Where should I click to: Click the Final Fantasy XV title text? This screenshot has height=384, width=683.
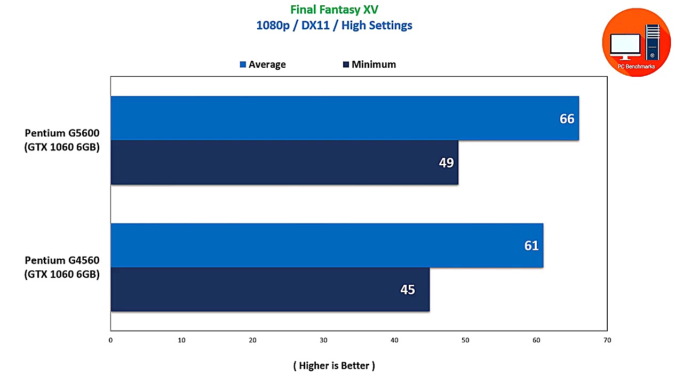point(334,10)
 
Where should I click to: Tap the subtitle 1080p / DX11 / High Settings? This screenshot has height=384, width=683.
point(334,25)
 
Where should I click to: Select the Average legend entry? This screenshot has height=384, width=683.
point(263,65)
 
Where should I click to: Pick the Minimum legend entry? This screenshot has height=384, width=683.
point(369,65)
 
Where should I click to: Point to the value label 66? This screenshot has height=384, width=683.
point(567,119)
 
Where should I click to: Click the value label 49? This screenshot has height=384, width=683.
point(446,163)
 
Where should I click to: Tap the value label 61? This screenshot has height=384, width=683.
point(531,246)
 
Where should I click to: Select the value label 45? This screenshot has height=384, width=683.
point(407,290)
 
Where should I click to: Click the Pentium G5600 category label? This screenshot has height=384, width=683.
point(62,140)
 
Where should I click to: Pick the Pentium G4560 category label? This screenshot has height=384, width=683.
point(62,268)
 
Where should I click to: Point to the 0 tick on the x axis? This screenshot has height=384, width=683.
point(110,340)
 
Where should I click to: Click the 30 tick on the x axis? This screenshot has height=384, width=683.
point(323,340)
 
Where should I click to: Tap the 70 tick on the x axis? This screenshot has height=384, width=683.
point(607,340)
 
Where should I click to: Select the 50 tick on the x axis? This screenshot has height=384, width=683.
point(465,340)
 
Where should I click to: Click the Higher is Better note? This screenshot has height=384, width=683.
point(334,365)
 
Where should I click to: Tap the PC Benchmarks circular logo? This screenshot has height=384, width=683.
point(636,43)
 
